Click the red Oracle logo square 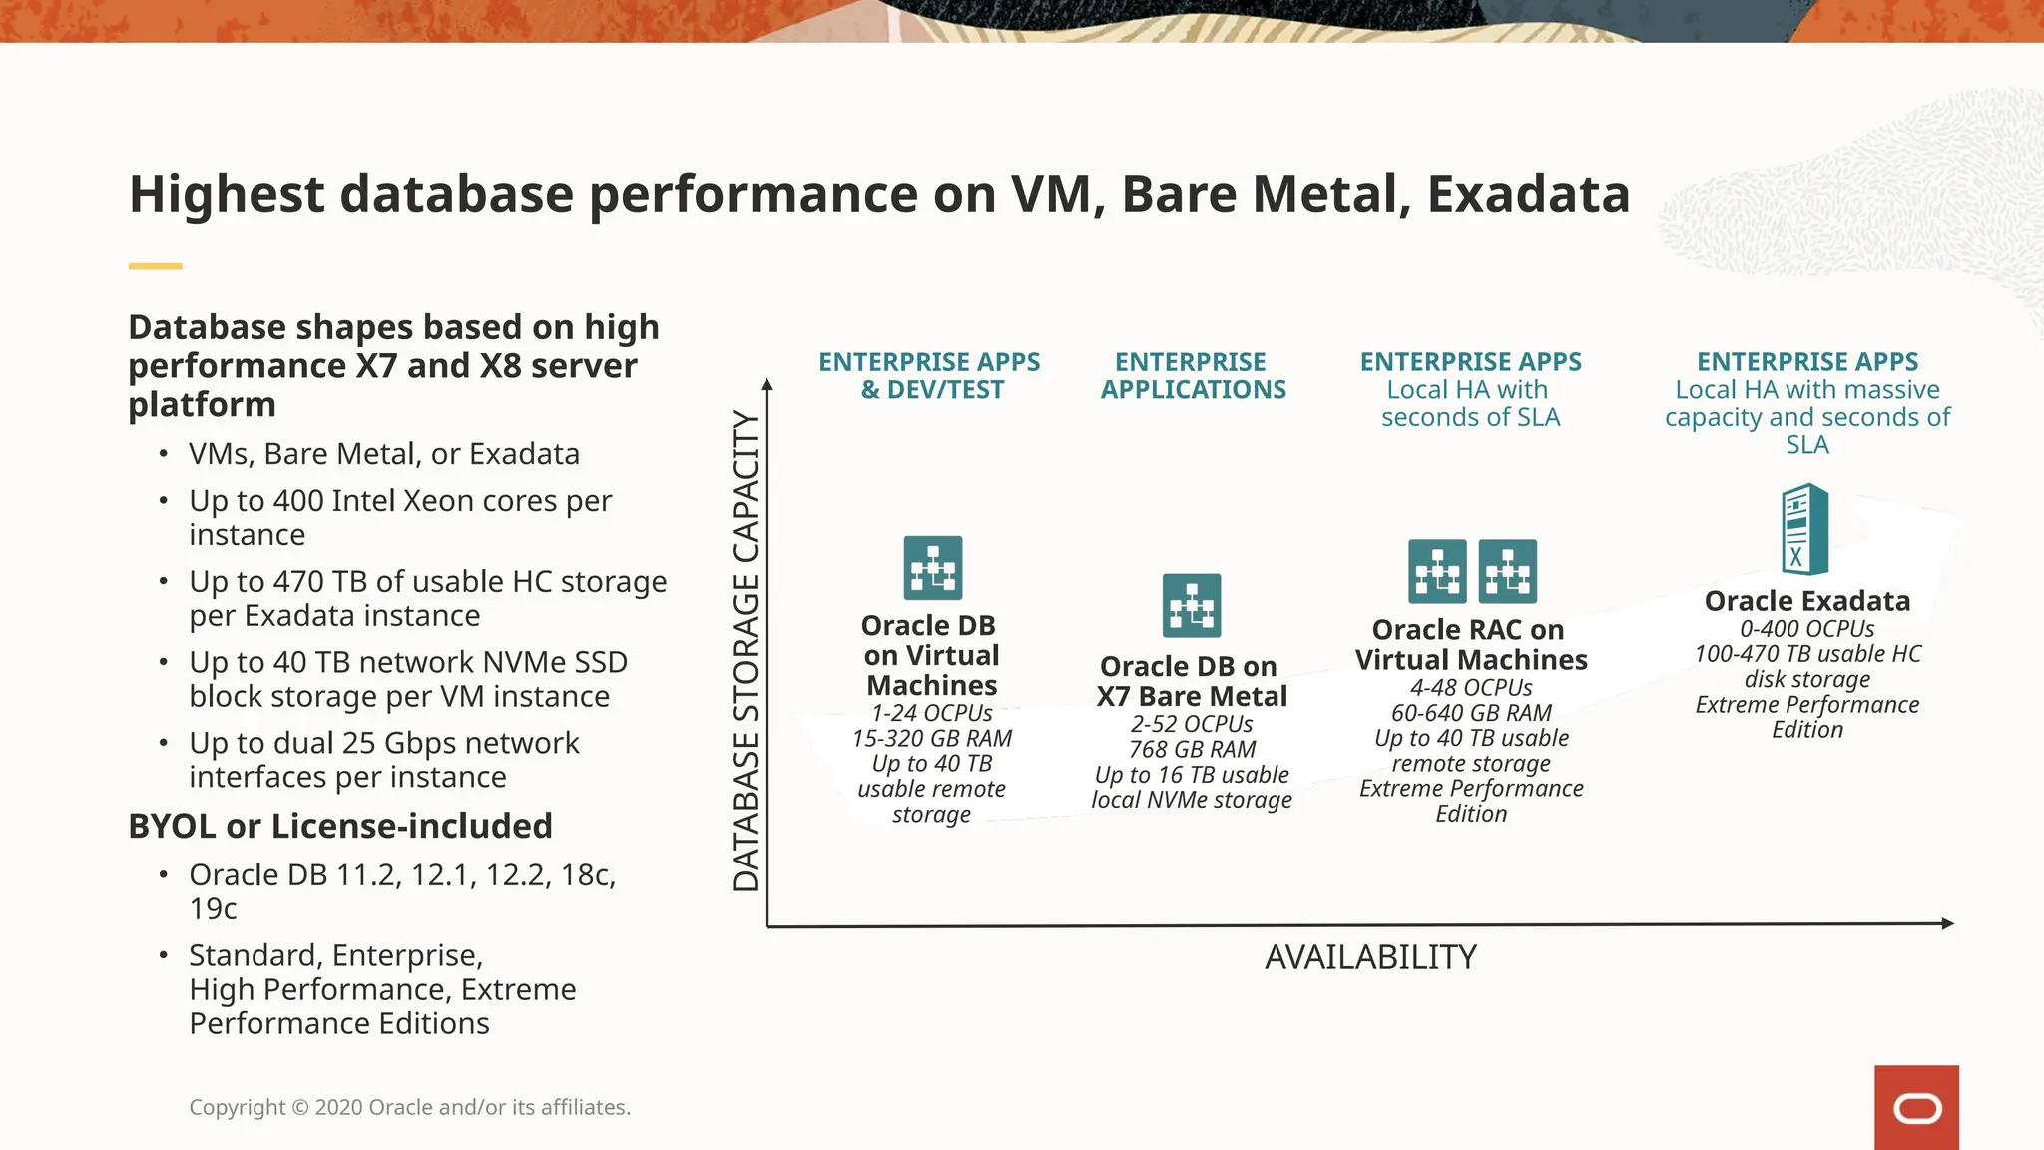pos(1915,1107)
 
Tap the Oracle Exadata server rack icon pos(1804,529)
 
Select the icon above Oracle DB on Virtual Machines pos(933,567)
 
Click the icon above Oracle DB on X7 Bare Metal pos(1191,605)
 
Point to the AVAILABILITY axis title pos(1370,958)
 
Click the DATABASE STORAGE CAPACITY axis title pos(746,651)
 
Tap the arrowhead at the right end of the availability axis pos(1947,923)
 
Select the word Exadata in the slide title pos(1528,194)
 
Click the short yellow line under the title pos(155,266)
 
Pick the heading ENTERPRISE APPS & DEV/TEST pos(929,375)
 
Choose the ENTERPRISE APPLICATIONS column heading pos(1193,375)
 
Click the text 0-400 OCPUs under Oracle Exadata pos(1806,629)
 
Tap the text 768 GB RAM pos(1192,749)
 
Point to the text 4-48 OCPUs pos(1471,688)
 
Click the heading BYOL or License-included pos(340,826)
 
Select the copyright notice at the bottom pos(409,1107)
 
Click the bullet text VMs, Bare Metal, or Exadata pos(384,454)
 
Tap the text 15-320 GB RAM pos(931,739)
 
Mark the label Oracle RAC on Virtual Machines pos(1470,645)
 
